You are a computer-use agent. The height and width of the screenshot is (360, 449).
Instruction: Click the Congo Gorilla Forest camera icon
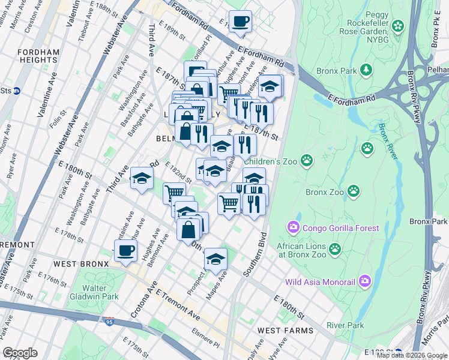[x=294, y=227]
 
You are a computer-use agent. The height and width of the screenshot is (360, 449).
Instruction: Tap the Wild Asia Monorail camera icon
[x=365, y=281]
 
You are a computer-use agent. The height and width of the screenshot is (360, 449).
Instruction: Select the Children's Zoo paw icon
[x=307, y=160]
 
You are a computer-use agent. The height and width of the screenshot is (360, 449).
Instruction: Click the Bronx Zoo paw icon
[x=355, y=191]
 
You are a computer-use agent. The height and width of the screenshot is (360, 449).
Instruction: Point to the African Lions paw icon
[x=334, y=248]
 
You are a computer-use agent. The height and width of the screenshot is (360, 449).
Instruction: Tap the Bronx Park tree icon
[x=366, y=70]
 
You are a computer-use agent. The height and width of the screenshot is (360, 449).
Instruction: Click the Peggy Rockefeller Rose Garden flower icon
[x=399, y=26]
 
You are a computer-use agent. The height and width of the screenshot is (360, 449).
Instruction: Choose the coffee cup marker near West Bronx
[x=125, y=250]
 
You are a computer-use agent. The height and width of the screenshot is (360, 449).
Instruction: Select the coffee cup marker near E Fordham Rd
[x=240, y=21]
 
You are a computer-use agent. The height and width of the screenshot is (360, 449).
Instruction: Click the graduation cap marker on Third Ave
[x=142, y=178]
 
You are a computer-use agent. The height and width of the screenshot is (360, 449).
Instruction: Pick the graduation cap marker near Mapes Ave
[x=215, y=259]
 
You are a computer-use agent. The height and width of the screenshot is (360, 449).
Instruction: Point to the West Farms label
[x=285, y=331]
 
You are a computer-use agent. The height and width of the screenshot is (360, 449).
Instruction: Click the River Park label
[x=345, y=325]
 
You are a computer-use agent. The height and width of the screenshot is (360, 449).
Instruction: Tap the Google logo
[x=20, y=353]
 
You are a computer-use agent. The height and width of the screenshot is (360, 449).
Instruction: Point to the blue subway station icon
[x=17, y=91]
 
